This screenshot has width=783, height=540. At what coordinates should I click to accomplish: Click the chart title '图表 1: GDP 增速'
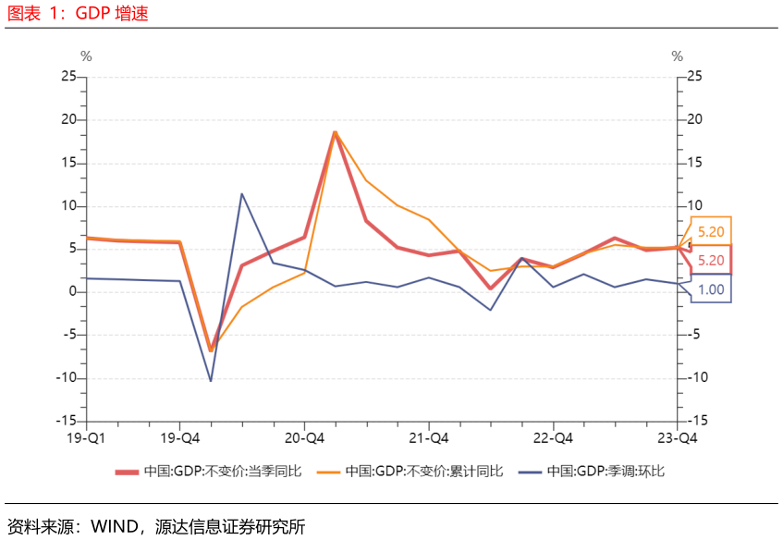point(78,13)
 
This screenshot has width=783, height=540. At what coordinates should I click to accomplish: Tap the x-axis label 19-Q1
point(86,438)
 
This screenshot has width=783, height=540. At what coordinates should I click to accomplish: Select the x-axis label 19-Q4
point(179,438)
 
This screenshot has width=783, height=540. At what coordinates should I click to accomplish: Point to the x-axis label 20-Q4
point(304,438)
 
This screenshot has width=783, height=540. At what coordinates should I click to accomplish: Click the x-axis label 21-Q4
point(428,438)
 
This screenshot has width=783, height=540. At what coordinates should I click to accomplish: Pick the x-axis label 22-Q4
point(553,438)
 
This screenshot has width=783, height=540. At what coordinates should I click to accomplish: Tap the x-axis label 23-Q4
point(677,438)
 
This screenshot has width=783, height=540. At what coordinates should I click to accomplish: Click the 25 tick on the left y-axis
point(68,76)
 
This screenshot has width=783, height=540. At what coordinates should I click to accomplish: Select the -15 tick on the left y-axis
point(66,421)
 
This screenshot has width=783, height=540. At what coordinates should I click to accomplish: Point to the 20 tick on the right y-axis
point(694,119)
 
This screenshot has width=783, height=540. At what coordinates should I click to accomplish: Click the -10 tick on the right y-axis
point(698,377)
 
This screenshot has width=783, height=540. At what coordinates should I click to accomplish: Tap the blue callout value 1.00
point(711,289)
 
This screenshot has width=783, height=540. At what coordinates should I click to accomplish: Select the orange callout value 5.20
point(711,232)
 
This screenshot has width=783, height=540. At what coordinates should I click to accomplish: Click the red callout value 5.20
point(711,260)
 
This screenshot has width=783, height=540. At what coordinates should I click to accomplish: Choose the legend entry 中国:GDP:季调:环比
point(592,471)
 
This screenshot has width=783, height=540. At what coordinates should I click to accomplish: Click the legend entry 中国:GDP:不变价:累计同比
point(410,471)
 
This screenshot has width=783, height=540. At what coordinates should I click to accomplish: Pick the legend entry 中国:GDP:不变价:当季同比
point(209,471)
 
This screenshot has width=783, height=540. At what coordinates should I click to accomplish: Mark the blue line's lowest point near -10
point(211,381)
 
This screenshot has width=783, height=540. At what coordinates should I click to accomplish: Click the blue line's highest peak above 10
point(241,194)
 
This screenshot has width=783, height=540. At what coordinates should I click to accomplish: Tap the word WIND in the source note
point(115,526)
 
